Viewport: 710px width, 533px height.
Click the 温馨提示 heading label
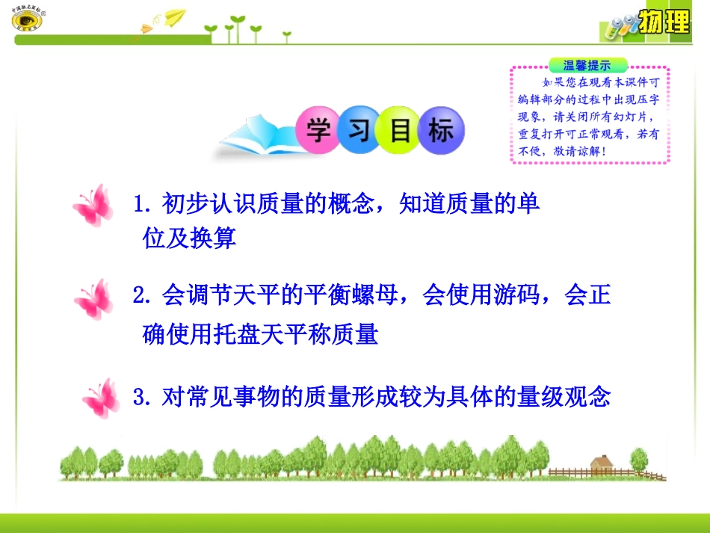[587, 65]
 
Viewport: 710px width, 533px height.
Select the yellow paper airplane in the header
[174, 17]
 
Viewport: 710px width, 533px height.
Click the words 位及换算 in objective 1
[190, 238]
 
